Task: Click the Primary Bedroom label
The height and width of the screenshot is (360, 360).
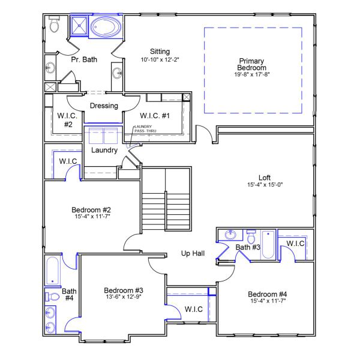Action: tap(251, 65)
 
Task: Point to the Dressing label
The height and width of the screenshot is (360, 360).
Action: tap(104, 106)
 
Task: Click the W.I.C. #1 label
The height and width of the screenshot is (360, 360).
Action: tap(155, 115)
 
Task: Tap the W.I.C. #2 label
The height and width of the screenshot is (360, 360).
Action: tap(65, 119)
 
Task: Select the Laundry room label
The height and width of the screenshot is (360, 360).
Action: tap(104, 150)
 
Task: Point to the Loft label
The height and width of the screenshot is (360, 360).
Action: tap(265, 177)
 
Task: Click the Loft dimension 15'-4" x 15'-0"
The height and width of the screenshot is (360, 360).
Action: tap(265, 185)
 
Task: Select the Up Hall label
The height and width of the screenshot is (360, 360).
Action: tap(193, 254)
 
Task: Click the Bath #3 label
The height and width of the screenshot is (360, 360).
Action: tap(247, 247)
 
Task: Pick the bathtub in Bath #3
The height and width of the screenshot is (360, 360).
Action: tap(268, 243)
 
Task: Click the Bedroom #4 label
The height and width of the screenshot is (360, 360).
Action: tap(267, 294)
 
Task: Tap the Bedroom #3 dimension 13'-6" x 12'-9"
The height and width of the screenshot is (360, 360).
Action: tap(123, 298)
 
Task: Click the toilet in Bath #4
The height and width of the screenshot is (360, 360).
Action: tap(52, 296)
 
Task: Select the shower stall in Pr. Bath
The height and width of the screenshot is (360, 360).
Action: tap(79, 26)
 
